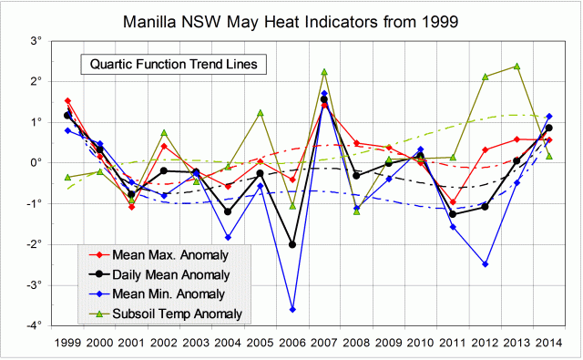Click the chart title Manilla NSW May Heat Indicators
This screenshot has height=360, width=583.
tap(291, 19)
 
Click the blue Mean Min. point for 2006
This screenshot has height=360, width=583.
tap(292, 310)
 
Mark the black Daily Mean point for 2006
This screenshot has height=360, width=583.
tap(292, 244)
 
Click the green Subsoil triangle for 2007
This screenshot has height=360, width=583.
tap(324, 72)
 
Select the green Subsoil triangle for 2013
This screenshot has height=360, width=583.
tap(517, 67)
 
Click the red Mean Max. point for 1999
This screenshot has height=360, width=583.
tap(67, 101)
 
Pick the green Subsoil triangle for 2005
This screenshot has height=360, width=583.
tap(261, 113)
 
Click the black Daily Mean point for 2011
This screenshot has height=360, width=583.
tap(453, 214)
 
